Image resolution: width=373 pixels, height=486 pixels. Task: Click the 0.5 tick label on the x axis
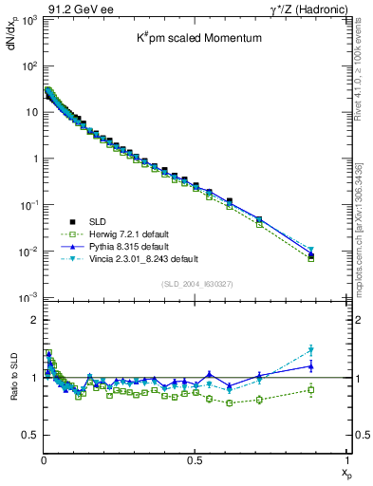click(x=196, y=460)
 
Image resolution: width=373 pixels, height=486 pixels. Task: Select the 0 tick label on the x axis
click(x=44, y=460)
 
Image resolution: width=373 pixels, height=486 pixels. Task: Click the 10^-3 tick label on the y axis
click(x=28, y=297)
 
